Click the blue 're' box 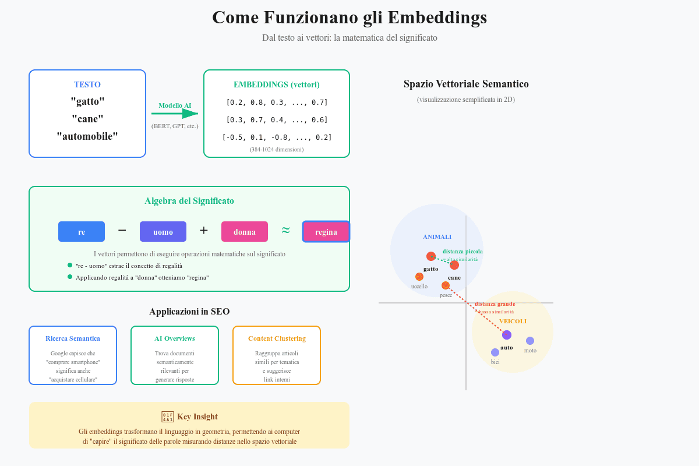click(x=82, y=231)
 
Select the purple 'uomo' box click(x=163, y=231)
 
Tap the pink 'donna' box click(x=245, y=231)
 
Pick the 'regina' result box click(x=326, y=231)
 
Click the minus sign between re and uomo click(x=122, y=230)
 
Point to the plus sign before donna click(x=204, y=230)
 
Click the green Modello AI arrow click(x=175, y=114)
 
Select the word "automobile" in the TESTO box click(x=87, y=136)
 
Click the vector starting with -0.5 click(x=277, y=137)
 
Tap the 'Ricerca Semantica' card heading click(x=73, y=338)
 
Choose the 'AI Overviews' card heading click(x=175, y=338)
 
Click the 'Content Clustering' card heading click(x=277, y=338)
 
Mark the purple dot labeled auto click(x=507, y=335)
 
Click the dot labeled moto click(x=530, y=341)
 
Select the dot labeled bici click(x=495, y=352)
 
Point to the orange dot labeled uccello click(x=419, y=277)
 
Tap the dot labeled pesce click(x=446, y=285)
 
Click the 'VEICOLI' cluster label click(x=513, y=321)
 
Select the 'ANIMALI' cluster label click(x=437, y=236)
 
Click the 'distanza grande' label click(x=495, y=304)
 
